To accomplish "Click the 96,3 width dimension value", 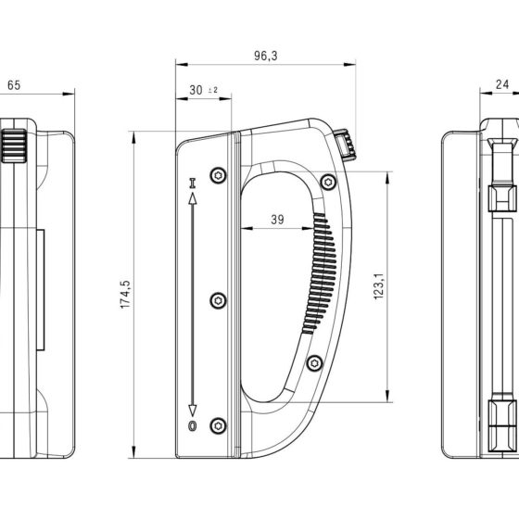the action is click(x=265, y=56).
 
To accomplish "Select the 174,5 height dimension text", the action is click(x=125, y=295).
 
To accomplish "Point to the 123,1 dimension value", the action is click(x=379, y=286).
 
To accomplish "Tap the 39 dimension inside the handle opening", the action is click(x=277, y=220).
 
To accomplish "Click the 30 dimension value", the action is click(x=196, y=90).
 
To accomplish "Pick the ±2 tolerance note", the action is click(x=213, y=90).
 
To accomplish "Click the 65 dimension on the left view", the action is click(x=14, y=85).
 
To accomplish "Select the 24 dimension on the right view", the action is click(x=501, y=84).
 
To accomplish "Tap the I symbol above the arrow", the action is click(x=193, y=184).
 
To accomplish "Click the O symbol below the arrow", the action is click(x=193, y=425).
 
